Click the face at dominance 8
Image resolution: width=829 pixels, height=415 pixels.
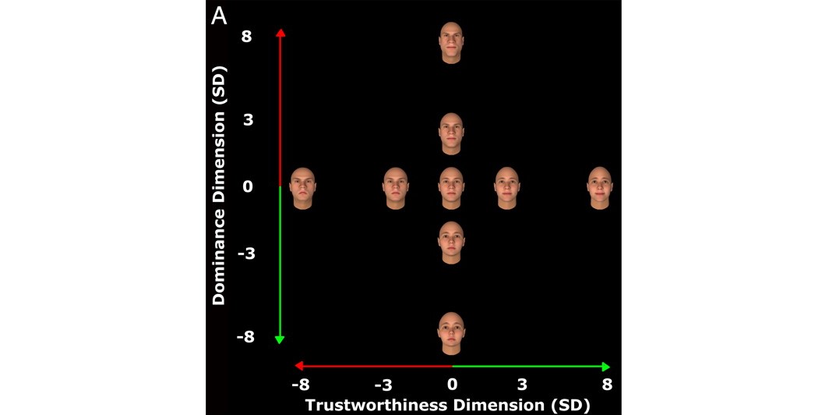(x=451, y=43)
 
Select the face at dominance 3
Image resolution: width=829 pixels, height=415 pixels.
(x=451, y=133)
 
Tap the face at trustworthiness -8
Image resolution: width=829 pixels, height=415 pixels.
(x=302, y=189)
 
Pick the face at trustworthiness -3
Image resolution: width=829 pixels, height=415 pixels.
(x=396, y=189)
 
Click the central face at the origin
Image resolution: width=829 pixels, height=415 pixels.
(x=451, y=189)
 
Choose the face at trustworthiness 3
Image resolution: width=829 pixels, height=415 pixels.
(x=507, y=189)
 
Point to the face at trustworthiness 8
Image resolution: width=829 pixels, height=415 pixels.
(x=600, y=189)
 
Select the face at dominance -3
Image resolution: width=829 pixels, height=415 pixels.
(x=451, y=243)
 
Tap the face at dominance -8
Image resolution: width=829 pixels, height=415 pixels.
(x=451, y=334)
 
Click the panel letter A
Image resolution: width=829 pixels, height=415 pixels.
(x=219, y=16)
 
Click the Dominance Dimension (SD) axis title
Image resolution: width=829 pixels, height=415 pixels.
(x=219, y=186)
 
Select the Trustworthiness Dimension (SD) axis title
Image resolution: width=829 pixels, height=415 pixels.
(x=447, y=405)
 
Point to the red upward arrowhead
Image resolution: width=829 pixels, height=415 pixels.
(x=280, y=33)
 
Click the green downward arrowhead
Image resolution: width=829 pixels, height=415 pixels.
(x=280, y=339)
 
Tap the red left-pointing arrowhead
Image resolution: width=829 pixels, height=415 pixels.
(x=299, y=366)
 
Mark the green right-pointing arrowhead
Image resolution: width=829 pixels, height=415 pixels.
(x=606, y=367)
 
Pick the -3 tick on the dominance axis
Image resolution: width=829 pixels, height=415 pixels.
(x=246, y=254)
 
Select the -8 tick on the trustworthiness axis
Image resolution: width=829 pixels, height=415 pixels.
(x=301, y=385)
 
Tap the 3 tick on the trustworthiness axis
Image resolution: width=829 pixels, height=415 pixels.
(x=521, y=385)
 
